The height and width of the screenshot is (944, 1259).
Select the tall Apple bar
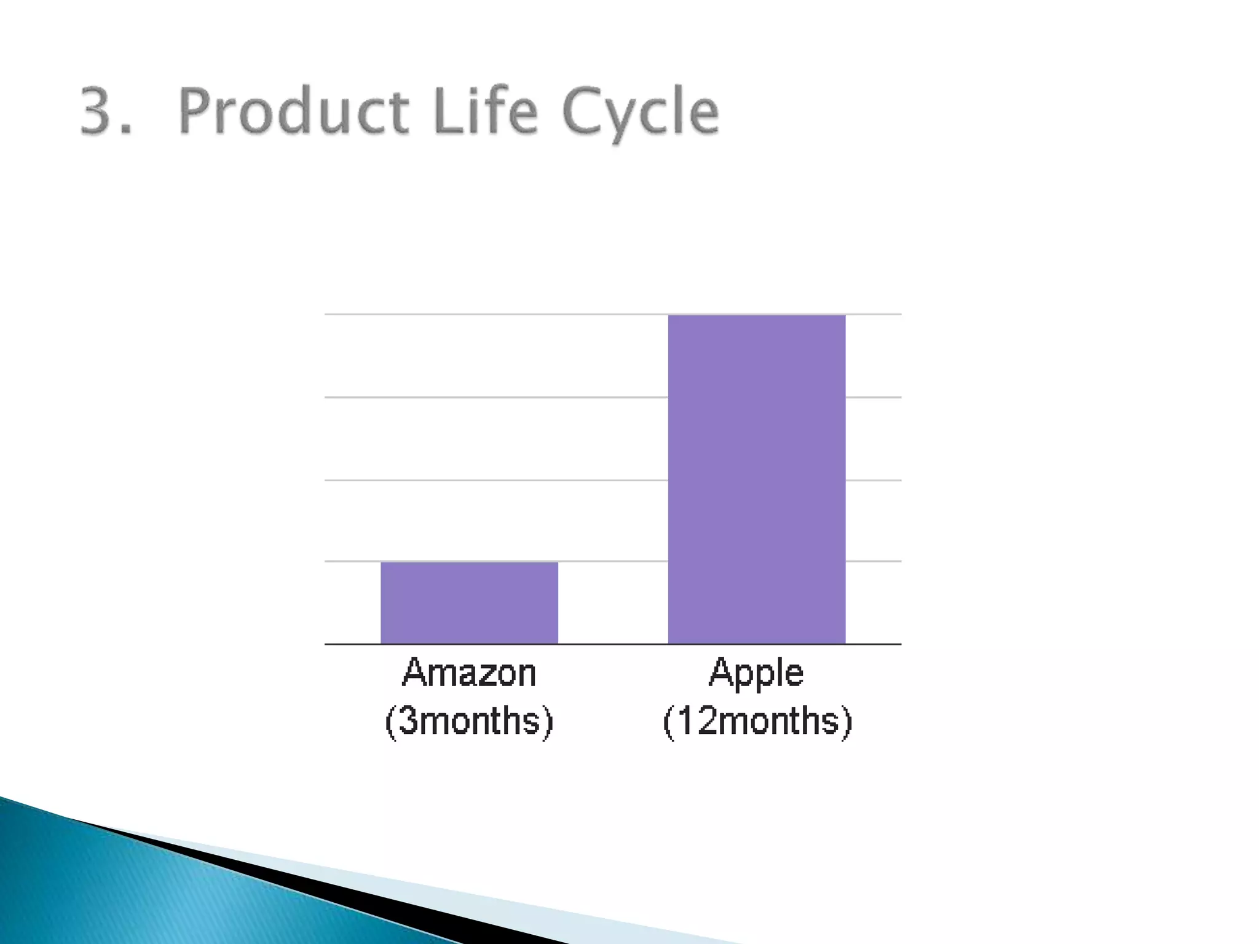coord(756,479)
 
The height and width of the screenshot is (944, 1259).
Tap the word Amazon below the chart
coord(469,672)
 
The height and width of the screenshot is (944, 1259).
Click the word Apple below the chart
coord(756,674)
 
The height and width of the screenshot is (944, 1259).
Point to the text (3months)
coord(469,720)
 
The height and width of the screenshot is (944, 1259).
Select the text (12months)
coord(757,720)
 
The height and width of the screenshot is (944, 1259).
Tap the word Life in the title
coord(486,112)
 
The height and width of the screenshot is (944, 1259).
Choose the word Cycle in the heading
coord(639,114)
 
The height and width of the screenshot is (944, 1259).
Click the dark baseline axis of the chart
coord(612,644)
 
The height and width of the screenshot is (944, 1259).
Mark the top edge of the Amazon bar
coord(469,562)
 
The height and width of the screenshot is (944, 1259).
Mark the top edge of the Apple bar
coord(756,315)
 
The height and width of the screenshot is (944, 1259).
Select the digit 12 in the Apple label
coord(697,720)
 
